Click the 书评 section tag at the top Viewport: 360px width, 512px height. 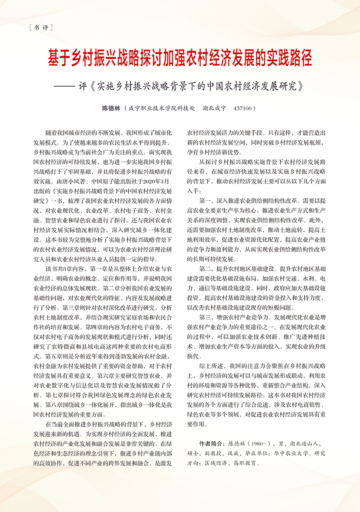pyautogui.click(x=40, y=28)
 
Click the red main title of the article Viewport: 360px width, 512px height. pyautogui.click(x=180, y=59)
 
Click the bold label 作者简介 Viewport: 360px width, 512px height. pyautogui.click(x=211, y=444)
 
